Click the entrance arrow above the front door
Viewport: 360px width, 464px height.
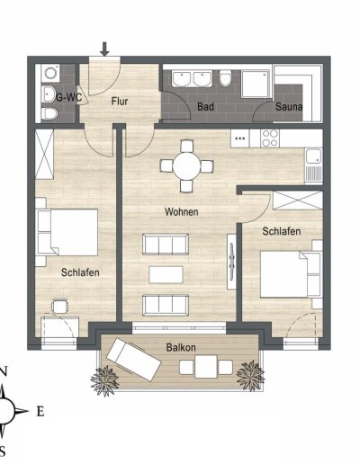[104, 49]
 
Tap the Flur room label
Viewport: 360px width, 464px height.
[120, 102]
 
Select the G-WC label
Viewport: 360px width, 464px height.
[68, 97]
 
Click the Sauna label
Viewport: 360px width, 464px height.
[289, 107]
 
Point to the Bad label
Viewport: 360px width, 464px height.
[206, 107]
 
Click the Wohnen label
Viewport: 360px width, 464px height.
[182, 212]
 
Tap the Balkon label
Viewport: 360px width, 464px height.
[181, 348]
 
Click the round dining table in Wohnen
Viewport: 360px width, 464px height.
[186, 165]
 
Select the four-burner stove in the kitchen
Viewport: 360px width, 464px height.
[270, 138]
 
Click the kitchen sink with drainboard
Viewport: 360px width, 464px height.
[313, 165]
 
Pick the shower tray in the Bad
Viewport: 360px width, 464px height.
[256, 84]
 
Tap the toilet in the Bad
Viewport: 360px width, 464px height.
[225, 78]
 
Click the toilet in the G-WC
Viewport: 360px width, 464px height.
[49, 113]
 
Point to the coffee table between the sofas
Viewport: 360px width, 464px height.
[166, 275]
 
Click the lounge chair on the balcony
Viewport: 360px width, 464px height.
[134, 360]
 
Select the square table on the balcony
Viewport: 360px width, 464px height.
[206, 367]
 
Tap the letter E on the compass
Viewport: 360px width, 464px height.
[40, 412]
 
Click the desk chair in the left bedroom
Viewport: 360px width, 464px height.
[60, 307]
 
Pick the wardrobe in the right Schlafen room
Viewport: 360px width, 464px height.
[298, 200]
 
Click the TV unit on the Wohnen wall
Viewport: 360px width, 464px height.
[231, 262]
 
